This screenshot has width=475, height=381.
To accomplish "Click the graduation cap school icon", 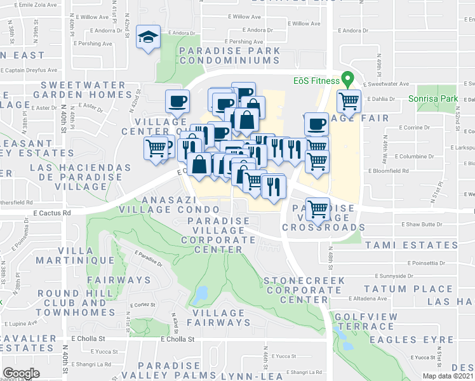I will [x=148, y=36].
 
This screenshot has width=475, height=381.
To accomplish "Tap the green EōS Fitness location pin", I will [x=347, y=81].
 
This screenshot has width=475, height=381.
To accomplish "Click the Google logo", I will [x=22, y=373].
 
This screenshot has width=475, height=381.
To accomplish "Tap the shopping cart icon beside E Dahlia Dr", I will [x=349, y=100].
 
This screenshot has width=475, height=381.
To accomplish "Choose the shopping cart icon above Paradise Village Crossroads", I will [x=317, y=207].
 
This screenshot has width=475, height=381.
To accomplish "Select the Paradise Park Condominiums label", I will [x=229, y=55].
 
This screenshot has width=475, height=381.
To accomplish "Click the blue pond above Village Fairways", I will [x=201, y=293].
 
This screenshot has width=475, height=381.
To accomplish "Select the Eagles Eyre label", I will [x=407, y=340].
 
